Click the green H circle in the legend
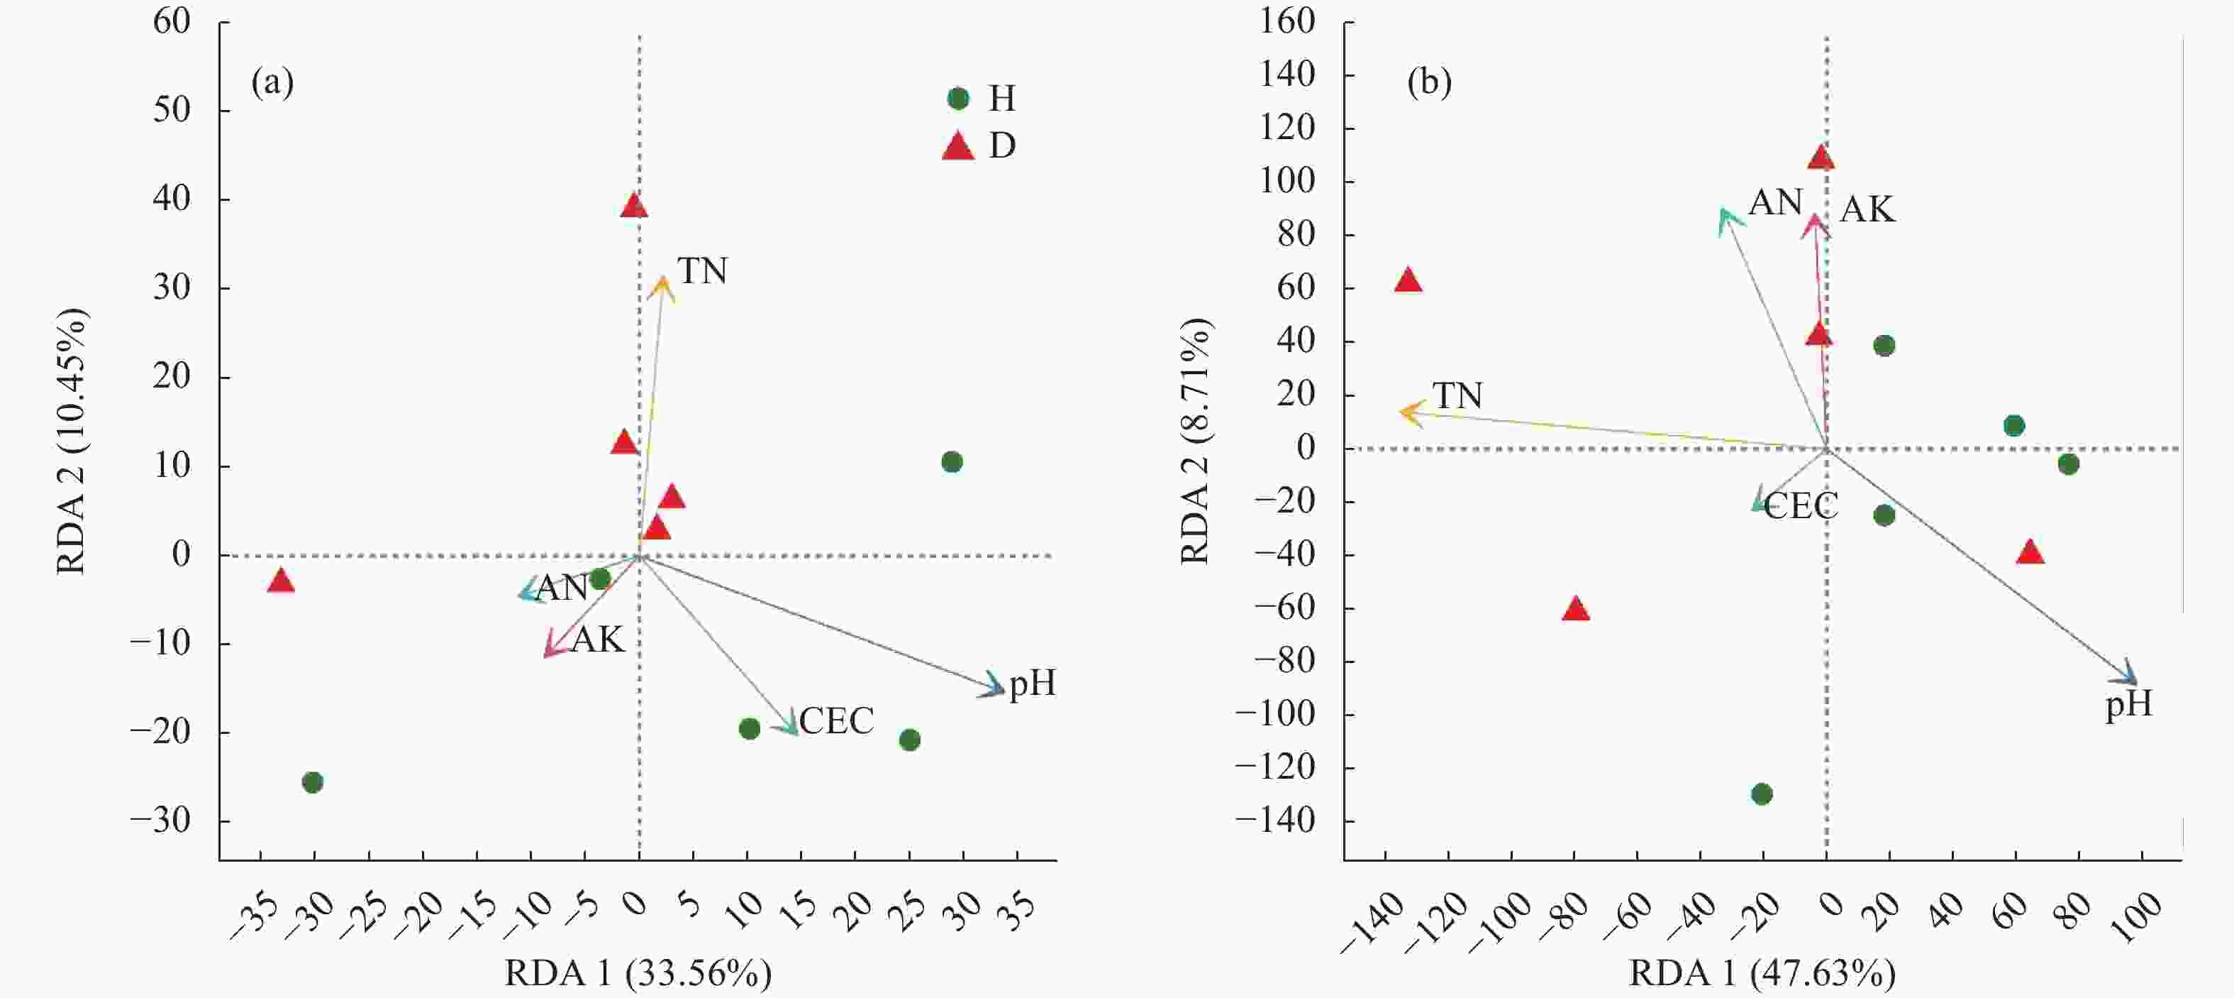(957, 99)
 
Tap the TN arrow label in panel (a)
(702, 272)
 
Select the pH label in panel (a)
(1032, 684)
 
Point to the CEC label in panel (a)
(836, 721)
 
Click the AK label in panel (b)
(1867, 210)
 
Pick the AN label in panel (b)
(1775, 203)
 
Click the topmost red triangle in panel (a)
(634, 207)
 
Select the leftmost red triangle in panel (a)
(280, 581)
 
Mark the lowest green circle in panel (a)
(312, 783)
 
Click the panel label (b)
(1428, 82)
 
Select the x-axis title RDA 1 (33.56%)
(638, 975)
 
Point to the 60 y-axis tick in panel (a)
(172, 23)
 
